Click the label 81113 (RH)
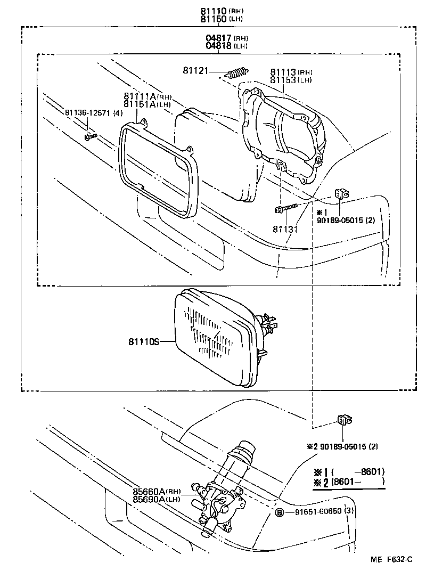point(284,72)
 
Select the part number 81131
point(284,229)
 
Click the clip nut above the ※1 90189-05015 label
point(341,194)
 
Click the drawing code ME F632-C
point(391,560)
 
